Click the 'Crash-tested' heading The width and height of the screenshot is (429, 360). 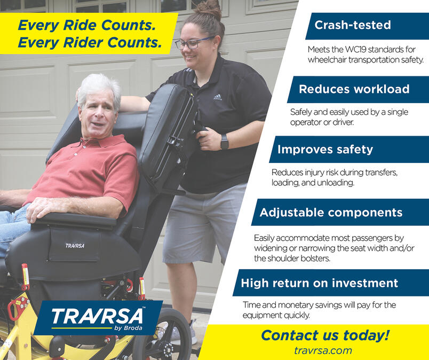(x=353, y=25)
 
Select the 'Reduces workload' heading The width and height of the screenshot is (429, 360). (x=354, y=89)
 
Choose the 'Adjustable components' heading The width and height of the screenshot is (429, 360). (x=331, y=213)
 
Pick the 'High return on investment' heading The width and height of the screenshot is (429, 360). (x=320, y=283)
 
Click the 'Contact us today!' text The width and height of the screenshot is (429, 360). (x=325, y=335)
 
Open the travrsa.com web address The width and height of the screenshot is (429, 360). (x=323, y=350)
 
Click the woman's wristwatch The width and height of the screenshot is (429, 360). (x=224, y=142)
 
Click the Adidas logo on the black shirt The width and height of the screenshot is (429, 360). (x=217, y=97)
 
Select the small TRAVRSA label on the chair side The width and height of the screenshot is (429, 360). (x=75, y=246)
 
